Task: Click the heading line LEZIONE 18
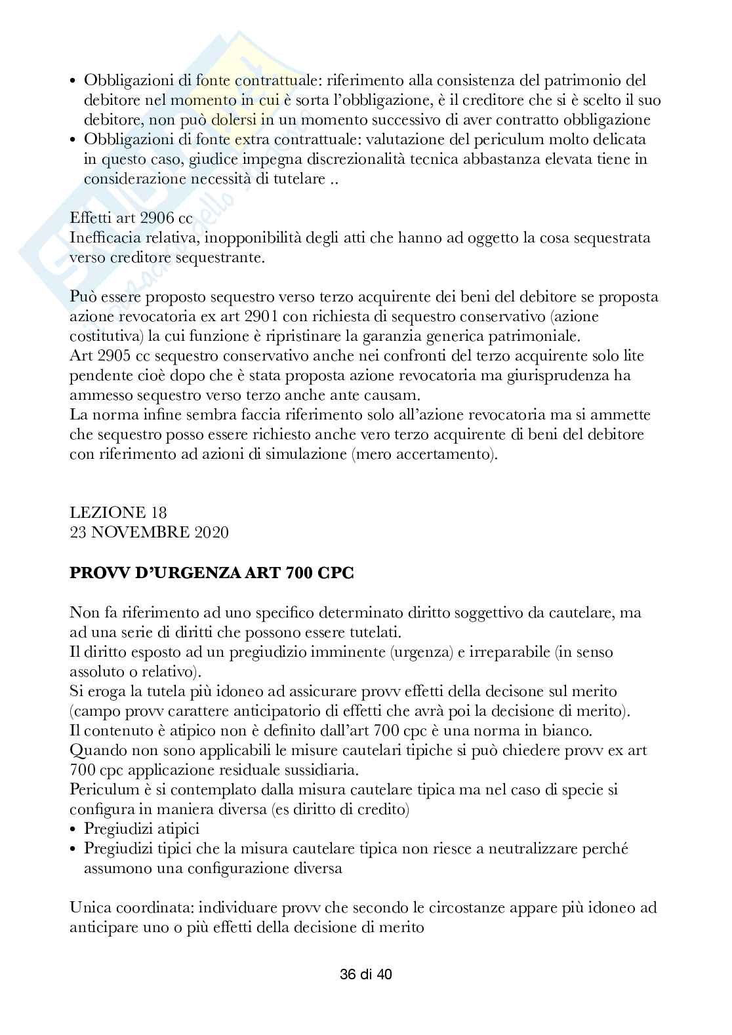(x=118, y=513)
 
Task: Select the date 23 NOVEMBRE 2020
(x=149, y=532)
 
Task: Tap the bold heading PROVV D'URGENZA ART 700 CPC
(x=211, y=572)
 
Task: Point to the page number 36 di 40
(x=366, y=975)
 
